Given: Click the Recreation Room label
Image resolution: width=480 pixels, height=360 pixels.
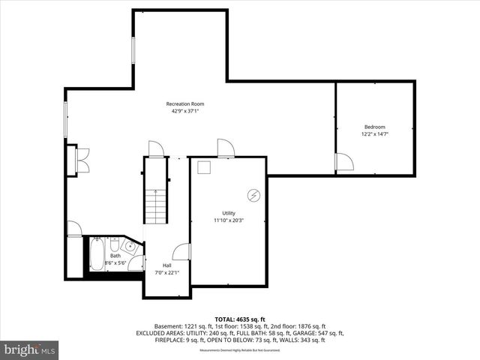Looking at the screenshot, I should coord(184,103).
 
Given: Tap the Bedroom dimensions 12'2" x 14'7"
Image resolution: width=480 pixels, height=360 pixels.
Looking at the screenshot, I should coord(374,134).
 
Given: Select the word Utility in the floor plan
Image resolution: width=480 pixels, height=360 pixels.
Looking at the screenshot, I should coord(228,213).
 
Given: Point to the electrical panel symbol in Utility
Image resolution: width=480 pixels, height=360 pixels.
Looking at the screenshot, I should coord(254,195).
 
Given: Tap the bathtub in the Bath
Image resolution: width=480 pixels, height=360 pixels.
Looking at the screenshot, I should coord(97,254).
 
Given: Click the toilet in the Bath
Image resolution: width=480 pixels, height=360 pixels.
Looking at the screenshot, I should coord(114,245).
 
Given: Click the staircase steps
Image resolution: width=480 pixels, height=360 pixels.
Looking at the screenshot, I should coord(154,205).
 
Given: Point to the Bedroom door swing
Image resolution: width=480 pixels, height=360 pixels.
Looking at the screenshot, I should coord(343,162).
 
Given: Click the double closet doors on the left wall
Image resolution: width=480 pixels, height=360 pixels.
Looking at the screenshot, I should coord(82,160).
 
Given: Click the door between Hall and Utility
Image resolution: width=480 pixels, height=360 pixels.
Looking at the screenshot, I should coord(181,253).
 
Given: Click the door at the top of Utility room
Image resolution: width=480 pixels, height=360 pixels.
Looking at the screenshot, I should coord(225,148).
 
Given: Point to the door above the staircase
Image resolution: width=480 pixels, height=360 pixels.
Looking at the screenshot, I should coord(156,149).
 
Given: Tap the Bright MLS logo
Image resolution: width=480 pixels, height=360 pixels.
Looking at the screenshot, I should coord(30,349).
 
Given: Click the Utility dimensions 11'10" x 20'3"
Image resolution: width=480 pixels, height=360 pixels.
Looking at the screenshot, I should coord(228,220).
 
